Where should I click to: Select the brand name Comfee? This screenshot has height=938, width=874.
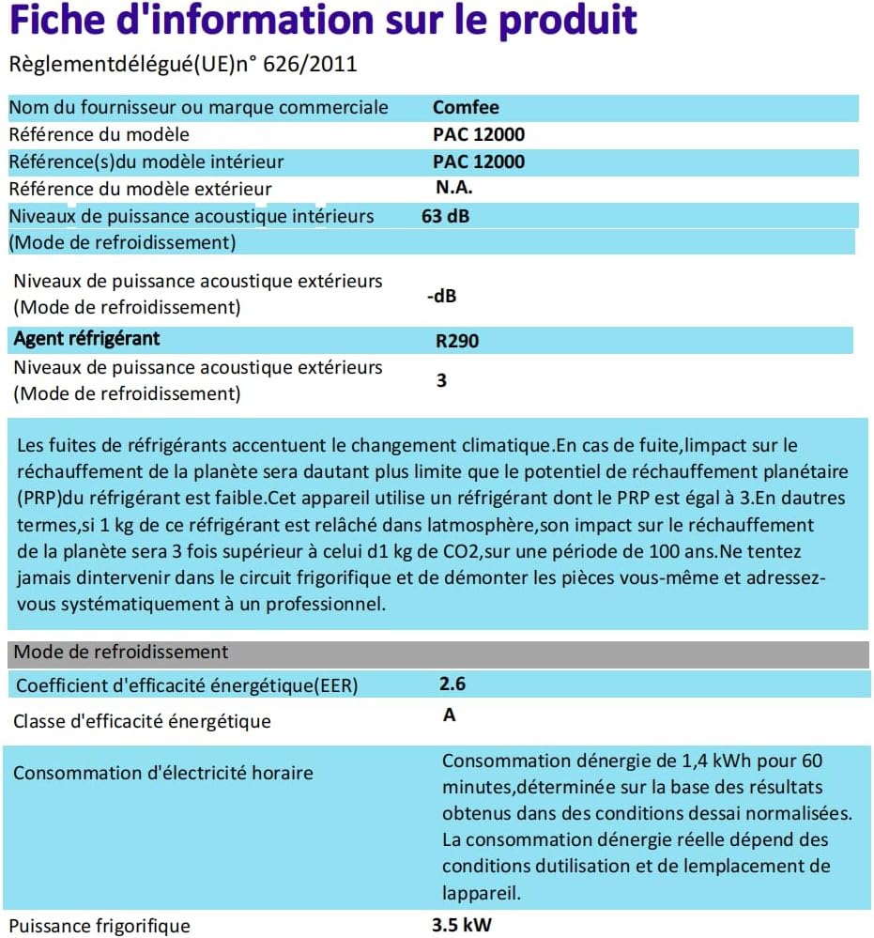(x=466, y=107)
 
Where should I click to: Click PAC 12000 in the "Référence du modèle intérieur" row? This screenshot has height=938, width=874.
(x=479, y=161)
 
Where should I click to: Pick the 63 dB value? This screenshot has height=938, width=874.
(x=446, y=216)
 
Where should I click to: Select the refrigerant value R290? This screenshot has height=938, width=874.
(x=456, y=341)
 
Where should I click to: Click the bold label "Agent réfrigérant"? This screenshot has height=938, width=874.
(x=86, y=338)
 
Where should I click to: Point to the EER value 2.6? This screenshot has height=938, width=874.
(x=452, y=684)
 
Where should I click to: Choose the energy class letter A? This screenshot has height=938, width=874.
(x=449, y=715)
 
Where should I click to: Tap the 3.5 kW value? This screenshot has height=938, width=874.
(x=461, y=925)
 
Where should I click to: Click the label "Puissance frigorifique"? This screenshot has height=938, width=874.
(x=101, y=926)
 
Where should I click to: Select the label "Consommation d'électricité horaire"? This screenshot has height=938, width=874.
(x=162, y=774)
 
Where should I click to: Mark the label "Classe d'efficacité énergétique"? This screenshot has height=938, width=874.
(x=142, y=721)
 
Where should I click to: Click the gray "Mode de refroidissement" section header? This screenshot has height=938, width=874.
(x=121, y=652)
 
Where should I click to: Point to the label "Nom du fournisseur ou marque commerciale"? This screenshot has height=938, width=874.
(x=198, y=107)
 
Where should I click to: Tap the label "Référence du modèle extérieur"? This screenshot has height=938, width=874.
(x=140, y=189)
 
